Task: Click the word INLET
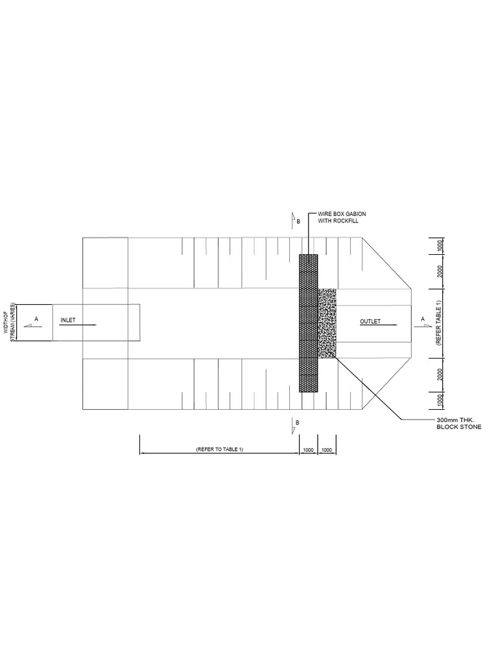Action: [x=68, y=320]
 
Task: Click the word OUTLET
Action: [x=370, y=321]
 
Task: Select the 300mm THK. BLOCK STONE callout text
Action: [x=459, y=423]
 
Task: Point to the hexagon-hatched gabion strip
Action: [x=308, y=323]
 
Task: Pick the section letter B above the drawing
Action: [x=298, y=222]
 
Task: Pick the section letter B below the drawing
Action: [x=298, y=423]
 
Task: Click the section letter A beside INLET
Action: [x=36, y=318]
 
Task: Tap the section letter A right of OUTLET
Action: [x=423, y=318]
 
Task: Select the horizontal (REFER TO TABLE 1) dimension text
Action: [x=219, y=449]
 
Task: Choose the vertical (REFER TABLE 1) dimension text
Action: [x=439, y=323]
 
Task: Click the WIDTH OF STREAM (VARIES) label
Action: [x=10, y=322]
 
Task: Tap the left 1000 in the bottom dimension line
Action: [x=308, y=449]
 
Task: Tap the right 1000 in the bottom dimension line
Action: [x=327, y=449]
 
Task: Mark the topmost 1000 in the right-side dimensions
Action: [x=440, y=246]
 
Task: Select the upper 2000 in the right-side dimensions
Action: [x=440, y=271]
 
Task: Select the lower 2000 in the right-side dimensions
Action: [x=440, y=374]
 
